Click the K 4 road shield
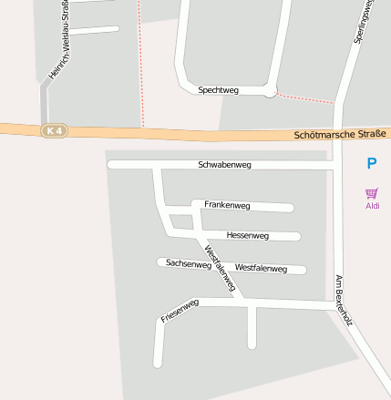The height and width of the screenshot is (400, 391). pos(55,131)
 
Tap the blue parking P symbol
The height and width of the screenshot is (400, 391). pos(371,164)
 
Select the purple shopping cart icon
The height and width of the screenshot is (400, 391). pos(372,193)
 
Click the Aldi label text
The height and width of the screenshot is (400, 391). pos(372,206)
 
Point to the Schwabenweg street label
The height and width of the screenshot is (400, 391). pos(224,165)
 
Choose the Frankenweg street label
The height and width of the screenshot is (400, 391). pos(227,204)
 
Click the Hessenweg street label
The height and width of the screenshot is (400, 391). pos(247,235)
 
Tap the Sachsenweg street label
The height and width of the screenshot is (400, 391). pos(189,263)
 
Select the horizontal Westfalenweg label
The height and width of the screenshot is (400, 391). pos(261,268)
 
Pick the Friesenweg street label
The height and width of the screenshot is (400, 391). pos(180,312)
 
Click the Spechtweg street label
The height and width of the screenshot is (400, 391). pos(218,90)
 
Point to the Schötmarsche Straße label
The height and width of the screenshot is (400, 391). pos(341,134)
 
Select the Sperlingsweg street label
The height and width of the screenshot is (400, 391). pos(363,22)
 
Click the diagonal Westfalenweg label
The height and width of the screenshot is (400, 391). pos(221,269)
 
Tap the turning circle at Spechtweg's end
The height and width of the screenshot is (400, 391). pos(270,91)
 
